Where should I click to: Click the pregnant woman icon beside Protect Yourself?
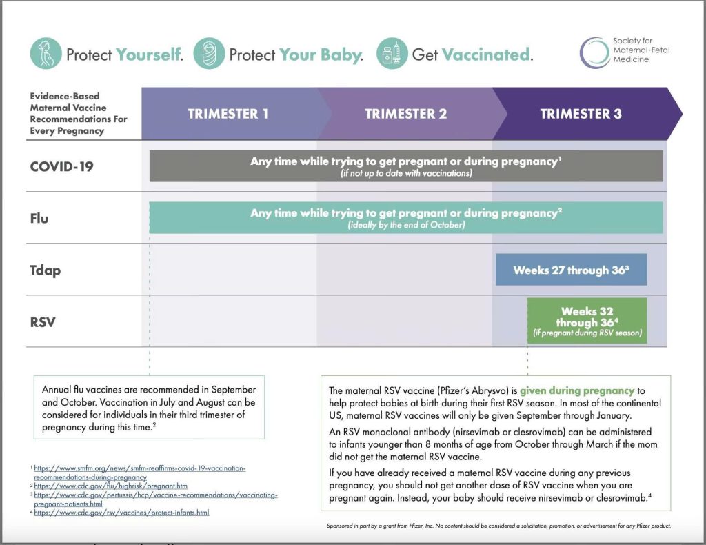click(x=46, y=54)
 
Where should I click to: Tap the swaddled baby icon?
click(x=209, y=54)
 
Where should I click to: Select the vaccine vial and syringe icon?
click(x=392, y=54)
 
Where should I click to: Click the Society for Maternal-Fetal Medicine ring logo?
click(x=594, y=53)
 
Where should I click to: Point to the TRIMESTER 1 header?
click(x=228, y=114)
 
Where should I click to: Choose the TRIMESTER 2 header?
click(x=406, y=114)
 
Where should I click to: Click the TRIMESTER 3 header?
click(x=581, y=114)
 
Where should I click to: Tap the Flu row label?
click(x=39, y=219)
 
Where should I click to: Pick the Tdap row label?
click(x=46, y=270)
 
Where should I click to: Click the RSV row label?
click(x=42, y=322)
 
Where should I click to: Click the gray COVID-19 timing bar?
click(x=406, y=166)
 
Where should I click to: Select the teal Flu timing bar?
click(x=406, y=218)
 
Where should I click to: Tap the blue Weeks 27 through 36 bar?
click(x=571, y=270)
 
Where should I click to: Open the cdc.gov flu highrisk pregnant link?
click(x=110, y=486)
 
